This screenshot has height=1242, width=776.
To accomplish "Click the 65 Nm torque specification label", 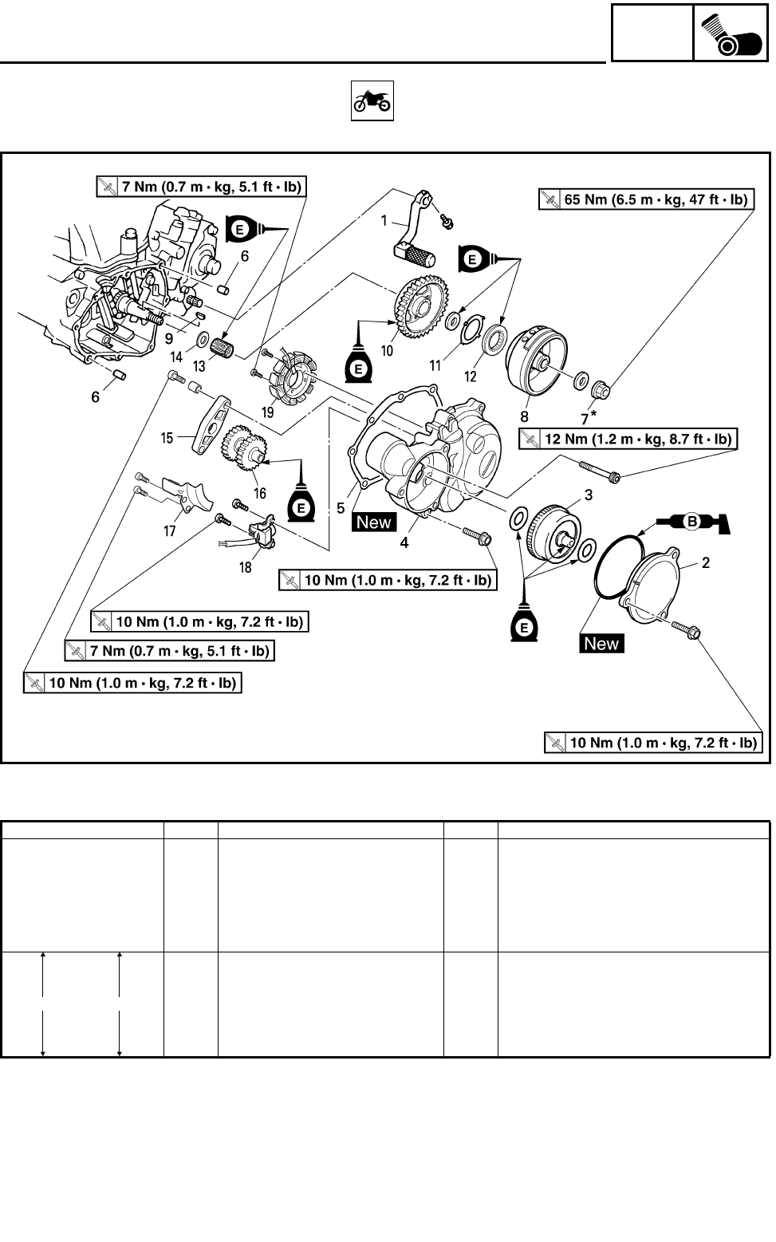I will click(646, 199).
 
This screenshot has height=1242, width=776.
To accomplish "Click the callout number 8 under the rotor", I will click(524, 416).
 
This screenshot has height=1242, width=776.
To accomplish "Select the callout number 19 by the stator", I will click(267, 412).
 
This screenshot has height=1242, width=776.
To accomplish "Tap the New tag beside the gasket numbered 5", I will click(374, 522).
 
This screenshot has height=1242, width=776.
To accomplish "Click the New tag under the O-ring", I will click(601, 644).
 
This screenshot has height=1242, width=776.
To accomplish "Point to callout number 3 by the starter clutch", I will click(589, 495).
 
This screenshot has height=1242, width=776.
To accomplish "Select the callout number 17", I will click(170, 530).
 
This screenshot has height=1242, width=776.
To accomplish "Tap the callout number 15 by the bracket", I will click(167, 438).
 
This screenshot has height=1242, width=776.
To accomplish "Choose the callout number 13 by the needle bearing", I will click(199, 365).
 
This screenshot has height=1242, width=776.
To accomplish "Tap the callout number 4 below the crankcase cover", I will click(404, 542).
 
